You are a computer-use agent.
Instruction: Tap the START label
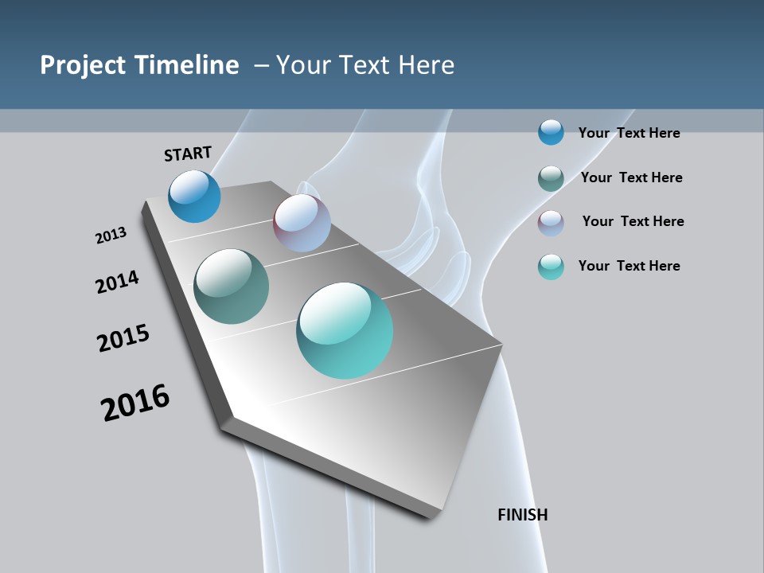[188, 154]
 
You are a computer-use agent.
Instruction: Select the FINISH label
[523, 515]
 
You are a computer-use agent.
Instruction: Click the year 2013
[111, 236]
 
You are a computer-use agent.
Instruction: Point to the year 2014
[117, 282]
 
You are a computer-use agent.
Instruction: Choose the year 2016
[135, 403]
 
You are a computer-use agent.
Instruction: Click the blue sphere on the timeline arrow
[194, 196]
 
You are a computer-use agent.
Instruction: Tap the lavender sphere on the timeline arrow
[302, 223]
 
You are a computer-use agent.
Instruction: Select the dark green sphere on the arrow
[232, 286]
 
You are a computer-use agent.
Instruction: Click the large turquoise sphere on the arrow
[345, 330]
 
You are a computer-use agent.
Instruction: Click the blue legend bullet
[551, 132]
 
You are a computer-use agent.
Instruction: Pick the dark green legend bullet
[551, 178]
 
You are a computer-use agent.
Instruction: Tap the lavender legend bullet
[551, 223]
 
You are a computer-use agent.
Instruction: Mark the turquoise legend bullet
[551, 267]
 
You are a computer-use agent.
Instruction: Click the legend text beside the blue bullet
[630, 133]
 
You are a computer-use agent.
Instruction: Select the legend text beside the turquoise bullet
[630, 266]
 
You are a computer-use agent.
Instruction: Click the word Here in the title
[427, 65]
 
